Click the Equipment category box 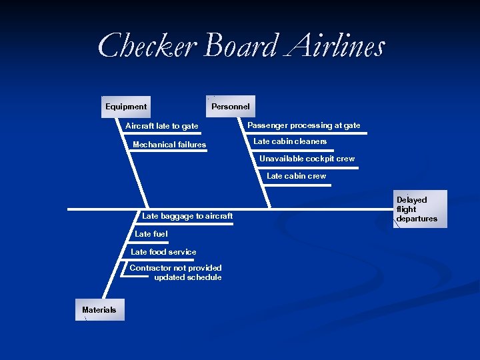[126, 107]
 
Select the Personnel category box [230, 107]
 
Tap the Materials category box [99, 310]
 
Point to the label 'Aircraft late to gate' [162, 126]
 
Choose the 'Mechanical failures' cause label [169, 145]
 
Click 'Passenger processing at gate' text [304, 125]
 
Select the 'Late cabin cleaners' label [290, 141]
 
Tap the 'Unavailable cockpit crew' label [307, 159]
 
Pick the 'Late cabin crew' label [297, 176]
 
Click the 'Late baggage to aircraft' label [187, 216]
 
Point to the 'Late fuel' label [151, 234]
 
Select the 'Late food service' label [163, 252]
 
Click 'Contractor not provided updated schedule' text [176, 273]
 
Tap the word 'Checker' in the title [147, 47]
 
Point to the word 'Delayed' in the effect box [412, 200]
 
